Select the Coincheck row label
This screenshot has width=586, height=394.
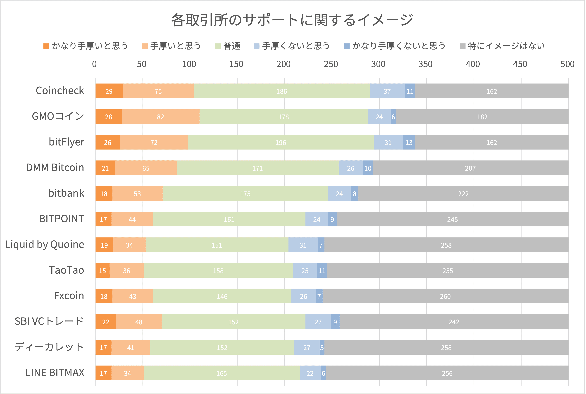[60, 91]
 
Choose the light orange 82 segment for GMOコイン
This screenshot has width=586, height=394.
[161, 117]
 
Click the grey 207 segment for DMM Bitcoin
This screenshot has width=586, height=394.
[470, 168]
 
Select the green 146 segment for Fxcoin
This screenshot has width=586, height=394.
[222, 296]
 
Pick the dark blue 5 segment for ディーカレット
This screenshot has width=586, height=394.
[322, 347]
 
